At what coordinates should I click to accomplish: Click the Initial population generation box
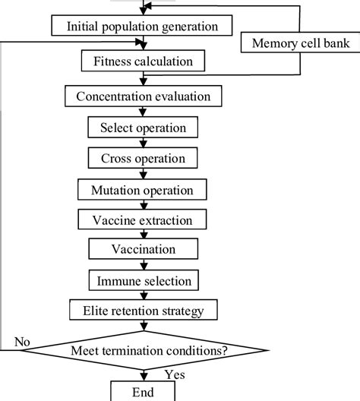(x=143, y=27)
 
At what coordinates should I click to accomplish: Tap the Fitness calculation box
(x=143, y=60)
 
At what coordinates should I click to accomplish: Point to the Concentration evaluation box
(x=143, y=96)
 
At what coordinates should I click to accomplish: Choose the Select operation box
(x=143, y=127)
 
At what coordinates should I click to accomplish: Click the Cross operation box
(x=143, y=158)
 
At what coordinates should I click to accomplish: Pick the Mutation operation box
(x=143, y=189)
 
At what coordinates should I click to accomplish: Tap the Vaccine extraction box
(x=143, y=219)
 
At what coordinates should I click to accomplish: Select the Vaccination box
(x=143, y=249)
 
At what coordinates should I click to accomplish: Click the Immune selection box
(x=143, y=281)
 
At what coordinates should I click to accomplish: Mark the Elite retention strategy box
(x=143, y=311)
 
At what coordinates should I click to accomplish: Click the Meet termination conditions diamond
(x=143, y=350)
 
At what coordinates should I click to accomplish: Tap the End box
(x=143, y=391)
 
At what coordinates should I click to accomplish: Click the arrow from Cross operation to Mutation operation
(x=143, y=173)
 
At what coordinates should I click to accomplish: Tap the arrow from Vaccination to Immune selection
(x=143, y=264)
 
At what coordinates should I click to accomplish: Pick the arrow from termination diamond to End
(x=143, y=372)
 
